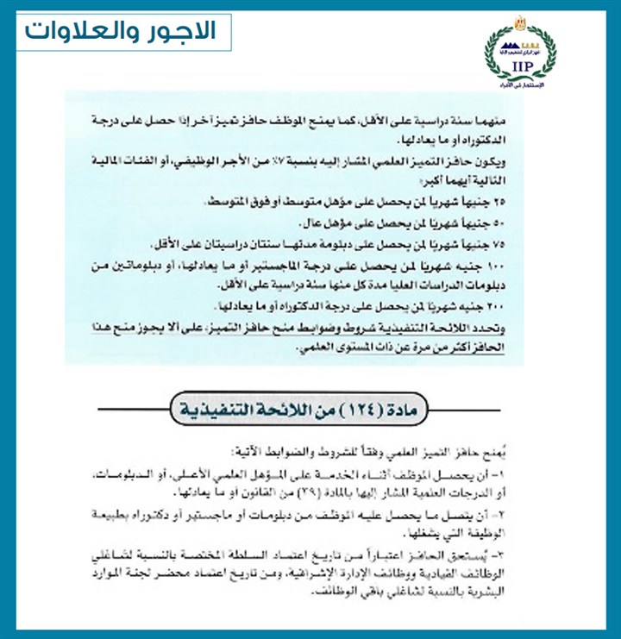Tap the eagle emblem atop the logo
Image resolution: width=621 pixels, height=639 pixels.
pos(522,19)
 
